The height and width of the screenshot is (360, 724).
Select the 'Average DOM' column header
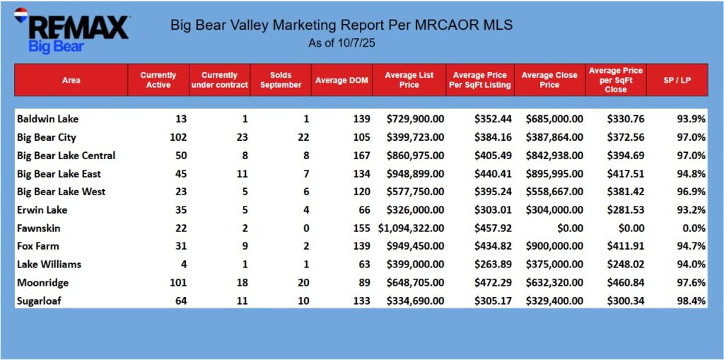pyautogui.click(x=341, y=80)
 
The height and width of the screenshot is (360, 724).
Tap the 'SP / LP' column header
pyautogui.click(x=678, y=80)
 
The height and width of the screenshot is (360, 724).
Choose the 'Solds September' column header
pyautogui.click(x=281, y=80)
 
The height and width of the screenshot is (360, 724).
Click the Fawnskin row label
pyautogui.click(x=37, y=228)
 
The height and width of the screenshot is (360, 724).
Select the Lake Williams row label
pyautogui.click(x=49, y=265)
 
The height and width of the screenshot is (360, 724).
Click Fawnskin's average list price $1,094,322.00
pyautogui.click(x=411, y=228)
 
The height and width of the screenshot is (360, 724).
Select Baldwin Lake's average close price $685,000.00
pyautogui.click(x=554, y=119)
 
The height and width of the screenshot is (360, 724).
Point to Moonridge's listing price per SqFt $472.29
pyautogui.click(x=491, y=282)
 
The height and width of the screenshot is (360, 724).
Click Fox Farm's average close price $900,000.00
pyautogui.click(x=554, y=246)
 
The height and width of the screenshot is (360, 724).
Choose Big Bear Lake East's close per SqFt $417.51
pyautogui.click(x=626, y=173)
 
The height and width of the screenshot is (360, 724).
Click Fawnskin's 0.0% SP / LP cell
pyautogui.click(x=693, y=228)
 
